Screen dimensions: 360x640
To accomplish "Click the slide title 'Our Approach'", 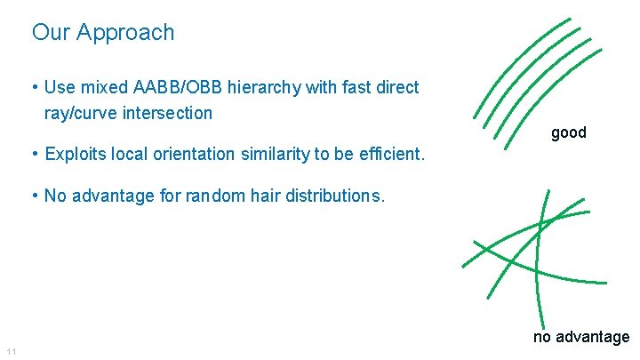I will pyautogui.click(x=103, y=33).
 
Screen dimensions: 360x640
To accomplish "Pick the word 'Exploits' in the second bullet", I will pyautogui.click(x=74, y=155).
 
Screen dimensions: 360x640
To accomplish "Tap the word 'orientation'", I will pyautogui.click(x=196, y=155).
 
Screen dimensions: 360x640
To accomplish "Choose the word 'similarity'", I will pyautogui.click(x=274, y=155).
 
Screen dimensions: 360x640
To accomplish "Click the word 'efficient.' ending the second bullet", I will pyautogui.click(x=392, y=155).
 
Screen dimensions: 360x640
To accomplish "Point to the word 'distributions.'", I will pyautogui.click(x=333, y=196).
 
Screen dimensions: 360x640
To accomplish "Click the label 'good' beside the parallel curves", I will pyautogui.click(x=569, y=132).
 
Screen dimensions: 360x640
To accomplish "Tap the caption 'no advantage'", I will pyautogui.click(x=581, y=337).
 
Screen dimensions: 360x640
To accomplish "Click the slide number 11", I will pyautogui.click(x=11, y=353).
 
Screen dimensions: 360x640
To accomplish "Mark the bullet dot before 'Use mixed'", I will pyautogui.click(x=33, y=87).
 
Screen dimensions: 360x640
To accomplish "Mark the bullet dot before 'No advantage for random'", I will pyautogui.click(x=33, y=196).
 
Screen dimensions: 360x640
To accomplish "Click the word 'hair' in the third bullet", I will pyautogui.click(x=261, y=196).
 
